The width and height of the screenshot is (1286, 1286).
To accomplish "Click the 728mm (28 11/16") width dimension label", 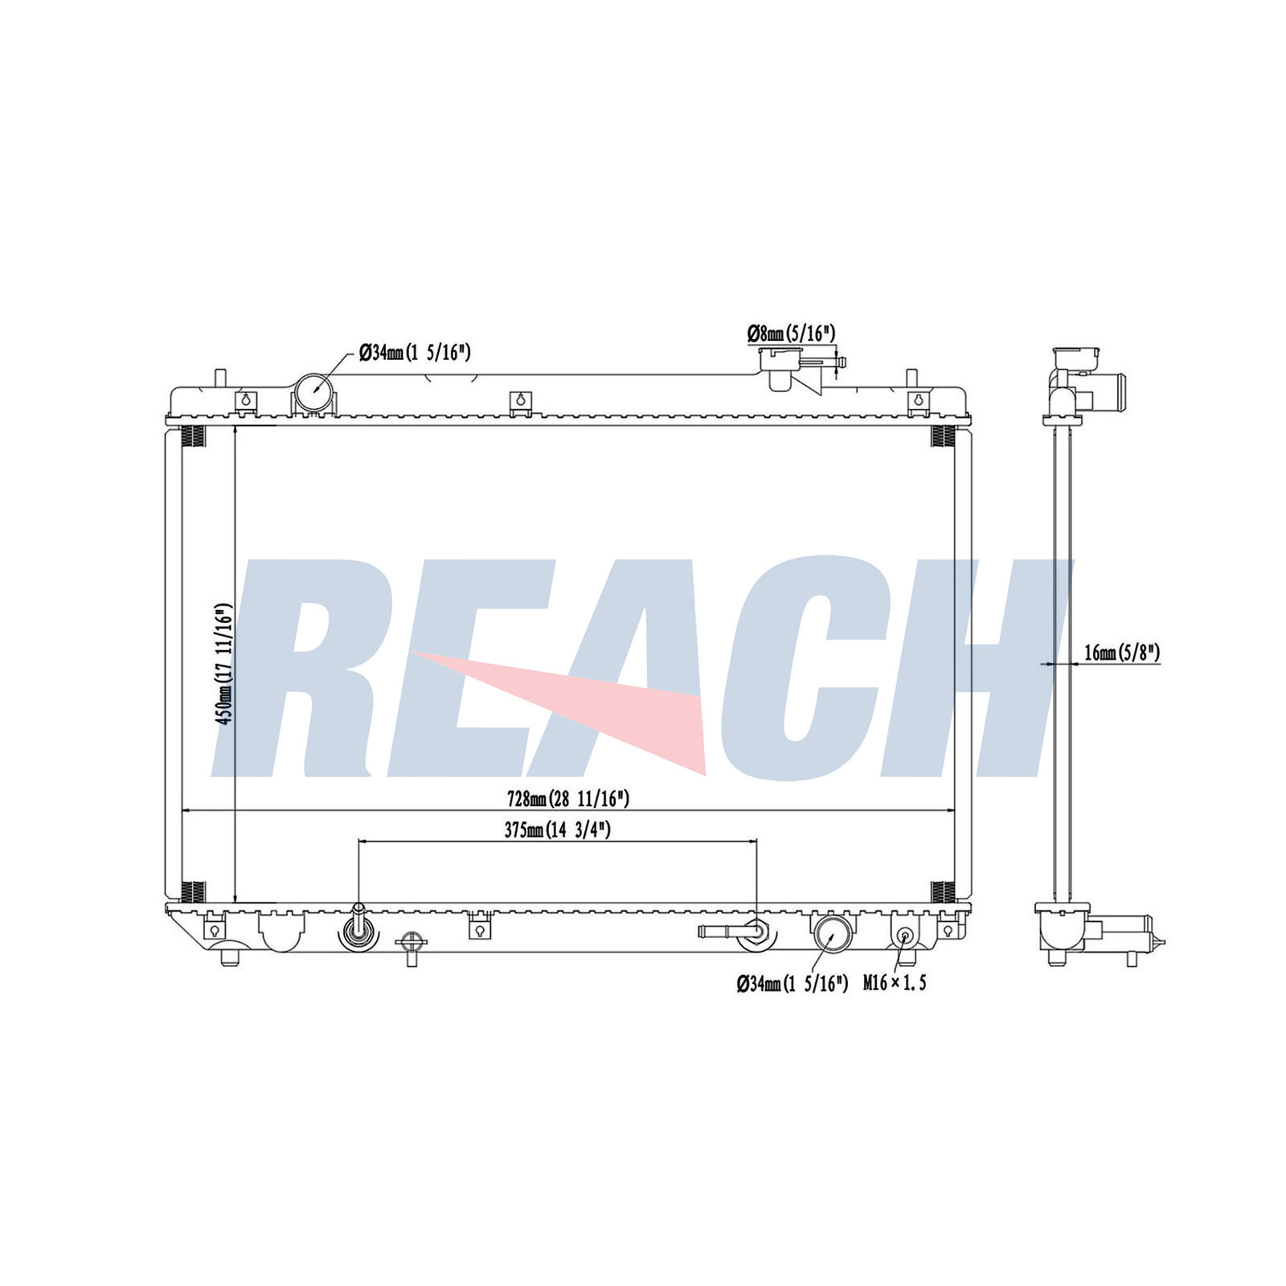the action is (567, 798).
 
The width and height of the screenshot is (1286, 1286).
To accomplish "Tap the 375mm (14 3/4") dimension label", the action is (557, 830).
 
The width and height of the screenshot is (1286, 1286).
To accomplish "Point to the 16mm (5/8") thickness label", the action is (1122, 653).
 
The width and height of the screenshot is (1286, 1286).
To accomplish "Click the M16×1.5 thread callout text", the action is (895, 982).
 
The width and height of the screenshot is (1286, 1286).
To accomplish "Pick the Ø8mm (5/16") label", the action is (791, 333).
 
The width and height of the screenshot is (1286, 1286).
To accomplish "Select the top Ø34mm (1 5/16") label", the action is (415, 352).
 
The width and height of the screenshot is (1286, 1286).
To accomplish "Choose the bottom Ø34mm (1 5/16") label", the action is (792, 983).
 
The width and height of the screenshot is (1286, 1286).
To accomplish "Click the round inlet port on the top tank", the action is (314, 392).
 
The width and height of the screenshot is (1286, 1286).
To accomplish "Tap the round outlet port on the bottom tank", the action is (832, 935).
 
